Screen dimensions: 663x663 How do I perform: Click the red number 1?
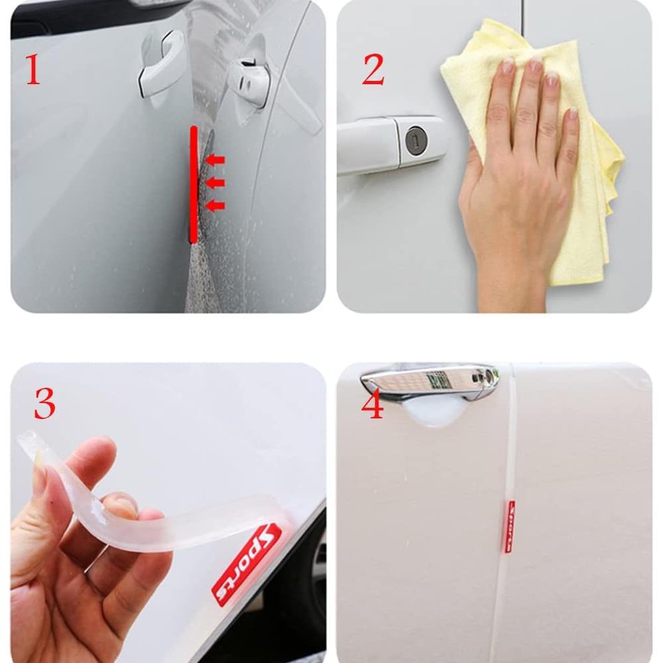32,71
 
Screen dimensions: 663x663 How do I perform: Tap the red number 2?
373,71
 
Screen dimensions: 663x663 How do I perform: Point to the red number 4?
373,404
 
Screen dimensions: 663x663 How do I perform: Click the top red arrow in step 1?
215,160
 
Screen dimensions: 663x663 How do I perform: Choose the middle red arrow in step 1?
215,182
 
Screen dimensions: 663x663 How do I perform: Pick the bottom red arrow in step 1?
215,206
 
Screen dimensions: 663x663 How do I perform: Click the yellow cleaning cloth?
583,199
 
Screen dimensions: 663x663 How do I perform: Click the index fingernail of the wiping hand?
508,66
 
